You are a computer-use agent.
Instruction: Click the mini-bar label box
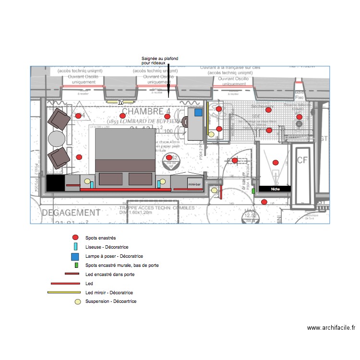[194, 184]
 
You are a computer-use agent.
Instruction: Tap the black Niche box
[275, 189]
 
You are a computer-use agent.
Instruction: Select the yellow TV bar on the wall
[120, 102]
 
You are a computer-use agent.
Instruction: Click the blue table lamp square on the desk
[198, 113]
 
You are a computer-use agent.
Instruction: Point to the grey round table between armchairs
[57, 138]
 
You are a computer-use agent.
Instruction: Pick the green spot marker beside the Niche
[253, 191]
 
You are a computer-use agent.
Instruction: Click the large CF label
[303, 160]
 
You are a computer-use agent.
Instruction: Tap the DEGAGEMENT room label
[71, 213]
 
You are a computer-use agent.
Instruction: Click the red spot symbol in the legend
[75, 238]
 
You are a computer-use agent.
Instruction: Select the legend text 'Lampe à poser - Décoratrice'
[114, 256]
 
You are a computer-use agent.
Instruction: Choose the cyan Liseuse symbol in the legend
[75, 247]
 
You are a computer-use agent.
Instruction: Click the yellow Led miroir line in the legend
[63, 292]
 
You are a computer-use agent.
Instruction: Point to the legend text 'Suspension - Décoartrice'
[110, 301]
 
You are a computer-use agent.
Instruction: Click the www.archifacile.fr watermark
[331, 328]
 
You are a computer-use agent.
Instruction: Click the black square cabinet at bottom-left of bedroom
[55, 182]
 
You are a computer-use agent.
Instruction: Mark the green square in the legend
[75, 265]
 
